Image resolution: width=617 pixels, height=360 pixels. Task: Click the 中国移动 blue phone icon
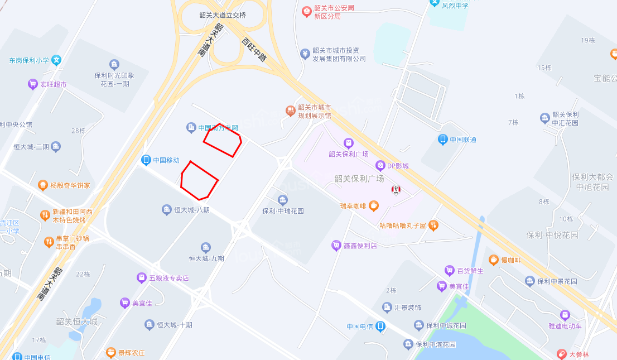click(146, 160)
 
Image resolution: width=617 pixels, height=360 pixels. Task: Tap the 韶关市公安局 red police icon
click(306, 11)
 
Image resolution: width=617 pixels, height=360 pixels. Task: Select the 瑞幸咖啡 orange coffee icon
click(374, 206)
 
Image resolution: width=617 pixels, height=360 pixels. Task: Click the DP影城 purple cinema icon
click(380, 165)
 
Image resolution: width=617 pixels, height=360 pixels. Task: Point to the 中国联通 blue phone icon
click(443, 140)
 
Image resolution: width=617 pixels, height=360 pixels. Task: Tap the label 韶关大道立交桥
click(222, 15)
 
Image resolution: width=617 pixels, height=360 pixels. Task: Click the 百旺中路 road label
click(254, 49)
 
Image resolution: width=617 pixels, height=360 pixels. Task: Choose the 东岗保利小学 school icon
click(56, 60)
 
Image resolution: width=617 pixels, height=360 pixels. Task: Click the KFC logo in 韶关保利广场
click(396, 190)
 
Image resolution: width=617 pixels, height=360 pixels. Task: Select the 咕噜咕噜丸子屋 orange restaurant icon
click(433, 225)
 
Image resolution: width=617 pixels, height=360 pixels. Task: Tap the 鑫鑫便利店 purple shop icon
click(336, 245)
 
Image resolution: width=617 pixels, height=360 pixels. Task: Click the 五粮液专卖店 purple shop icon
click(142, 277)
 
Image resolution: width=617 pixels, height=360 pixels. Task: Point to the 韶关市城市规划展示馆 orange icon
click(290, 111)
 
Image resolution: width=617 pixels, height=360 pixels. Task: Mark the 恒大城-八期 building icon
click(166, 210)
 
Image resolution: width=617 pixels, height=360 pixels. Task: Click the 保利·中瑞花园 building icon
click(283, 200)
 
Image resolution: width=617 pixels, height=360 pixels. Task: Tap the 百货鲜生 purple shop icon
click(449, 271)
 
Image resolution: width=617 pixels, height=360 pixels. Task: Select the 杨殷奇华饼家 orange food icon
click(43, 185)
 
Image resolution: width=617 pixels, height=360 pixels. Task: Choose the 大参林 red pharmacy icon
click(562, 354)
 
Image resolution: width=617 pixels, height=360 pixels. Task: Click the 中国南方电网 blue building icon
click(191, 128)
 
